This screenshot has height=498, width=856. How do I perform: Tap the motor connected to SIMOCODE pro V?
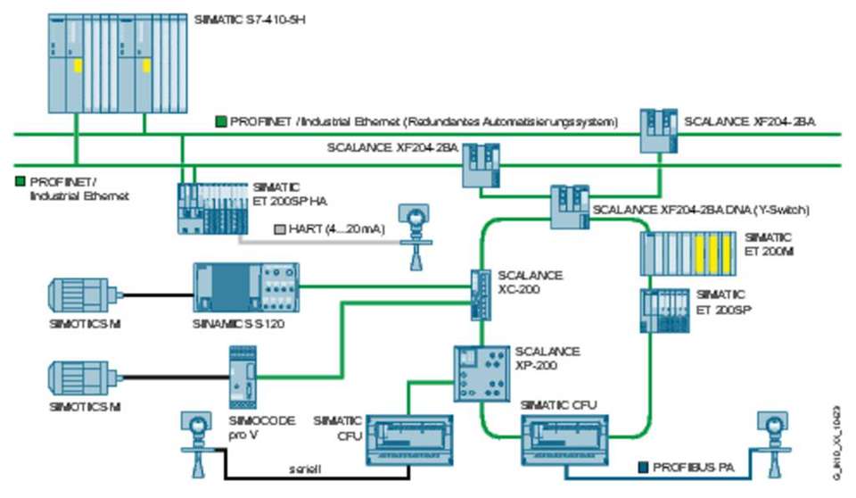(83, 378)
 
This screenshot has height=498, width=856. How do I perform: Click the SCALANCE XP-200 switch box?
(481, 369)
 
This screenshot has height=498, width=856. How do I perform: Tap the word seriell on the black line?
(304, 469)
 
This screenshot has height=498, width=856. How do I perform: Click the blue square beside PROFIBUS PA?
(642, 467)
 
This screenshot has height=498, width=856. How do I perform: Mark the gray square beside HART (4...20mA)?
(279, 229)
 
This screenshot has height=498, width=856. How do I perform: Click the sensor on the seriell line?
(192, 440)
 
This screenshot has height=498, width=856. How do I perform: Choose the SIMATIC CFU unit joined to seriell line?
(408, 439)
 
